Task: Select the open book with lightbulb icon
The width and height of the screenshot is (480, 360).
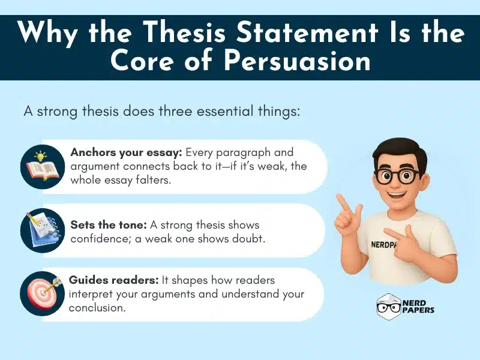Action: click(42, 167)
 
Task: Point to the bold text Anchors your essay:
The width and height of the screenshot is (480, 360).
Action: click(124, 152)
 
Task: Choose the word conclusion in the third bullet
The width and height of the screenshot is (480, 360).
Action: click(97, 307)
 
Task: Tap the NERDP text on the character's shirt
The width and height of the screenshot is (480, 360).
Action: click(384, 245)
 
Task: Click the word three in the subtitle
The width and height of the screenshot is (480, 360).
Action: click(181, 112)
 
